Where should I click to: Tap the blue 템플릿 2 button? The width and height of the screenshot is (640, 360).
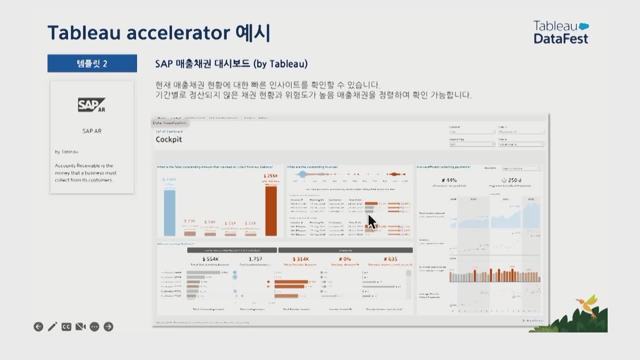92,63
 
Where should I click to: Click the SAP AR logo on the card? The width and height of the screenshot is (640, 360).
91,105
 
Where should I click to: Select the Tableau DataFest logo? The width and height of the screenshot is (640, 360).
561,32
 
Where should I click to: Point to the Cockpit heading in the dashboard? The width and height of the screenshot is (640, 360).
168,139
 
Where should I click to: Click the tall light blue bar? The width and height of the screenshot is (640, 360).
169,212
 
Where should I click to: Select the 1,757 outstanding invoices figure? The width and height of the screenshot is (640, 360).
255,258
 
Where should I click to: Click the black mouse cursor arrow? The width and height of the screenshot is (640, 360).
371,221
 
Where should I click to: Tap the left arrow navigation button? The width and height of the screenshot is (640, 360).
38,327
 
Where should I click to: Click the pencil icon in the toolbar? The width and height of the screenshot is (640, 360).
52,327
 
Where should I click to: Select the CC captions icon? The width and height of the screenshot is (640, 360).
66,327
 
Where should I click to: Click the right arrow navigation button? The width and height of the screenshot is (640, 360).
108,327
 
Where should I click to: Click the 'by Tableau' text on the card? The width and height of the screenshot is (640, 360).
66,151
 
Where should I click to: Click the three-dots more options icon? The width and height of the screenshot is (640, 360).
94,327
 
